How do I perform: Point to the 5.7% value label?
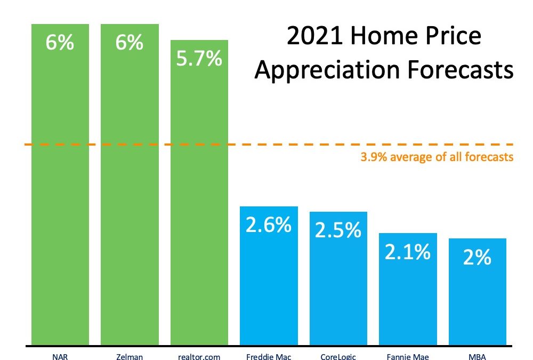click(199, 59)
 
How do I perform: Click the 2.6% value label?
click(269, 225)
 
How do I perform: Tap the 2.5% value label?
click(338, 230)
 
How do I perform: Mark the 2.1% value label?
click(408, 252)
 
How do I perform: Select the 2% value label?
click(477, 258)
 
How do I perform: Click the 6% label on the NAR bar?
click(60, 43)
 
